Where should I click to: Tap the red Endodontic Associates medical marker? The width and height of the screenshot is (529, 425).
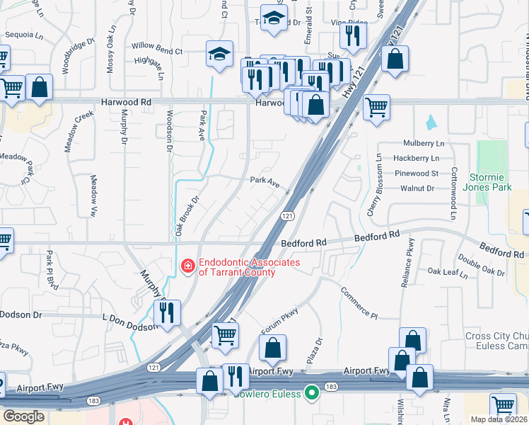click(x=187, y=266)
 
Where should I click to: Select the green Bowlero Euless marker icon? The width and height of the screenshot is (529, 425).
click(x=310, y=394)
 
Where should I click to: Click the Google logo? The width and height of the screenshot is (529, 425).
click(x=24, y=416)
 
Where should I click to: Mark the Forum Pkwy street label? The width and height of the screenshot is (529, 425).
click(x=280, y=320)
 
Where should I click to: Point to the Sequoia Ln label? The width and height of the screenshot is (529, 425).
click(x=23, y=34)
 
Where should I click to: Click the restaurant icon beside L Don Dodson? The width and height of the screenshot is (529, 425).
click(x=167, y=312)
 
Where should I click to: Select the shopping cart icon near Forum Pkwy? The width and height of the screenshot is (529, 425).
click(x=225, y=335)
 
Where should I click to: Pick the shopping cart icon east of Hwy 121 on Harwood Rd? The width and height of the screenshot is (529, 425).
click(x=376, y=108)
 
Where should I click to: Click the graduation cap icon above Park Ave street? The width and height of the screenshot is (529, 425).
click(x=220, y=53)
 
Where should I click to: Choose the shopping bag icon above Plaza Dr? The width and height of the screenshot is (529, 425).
click(x=272, y=348)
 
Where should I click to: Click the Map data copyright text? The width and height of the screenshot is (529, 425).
click(x=499, y=419)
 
